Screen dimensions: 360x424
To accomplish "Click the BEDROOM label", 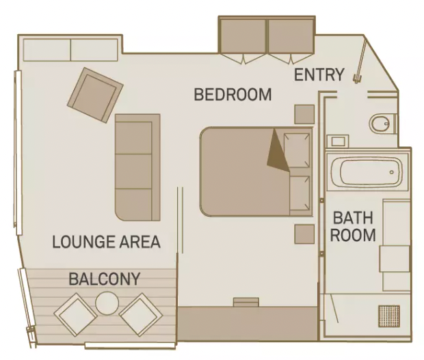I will tap(233, 94).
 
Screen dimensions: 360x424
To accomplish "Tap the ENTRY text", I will tap(319, 75).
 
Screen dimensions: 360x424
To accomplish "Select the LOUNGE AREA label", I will tap(106, 241).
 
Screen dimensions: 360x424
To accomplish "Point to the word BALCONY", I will tap(104, 279).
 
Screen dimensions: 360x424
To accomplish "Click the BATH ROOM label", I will tap(354, 226).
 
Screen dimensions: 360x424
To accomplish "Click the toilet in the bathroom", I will tap(381, 124).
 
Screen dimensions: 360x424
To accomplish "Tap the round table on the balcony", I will tap(107, 302).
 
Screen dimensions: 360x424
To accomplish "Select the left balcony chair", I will tap(75, 314).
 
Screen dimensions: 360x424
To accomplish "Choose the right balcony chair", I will tap(140, 314).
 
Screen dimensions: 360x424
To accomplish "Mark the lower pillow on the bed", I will tap(299, 192).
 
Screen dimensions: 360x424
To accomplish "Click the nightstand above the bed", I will tap(304, 113).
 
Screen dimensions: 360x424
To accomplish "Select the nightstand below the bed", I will tap(304, 233).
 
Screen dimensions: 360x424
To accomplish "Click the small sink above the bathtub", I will tap(338, 141).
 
